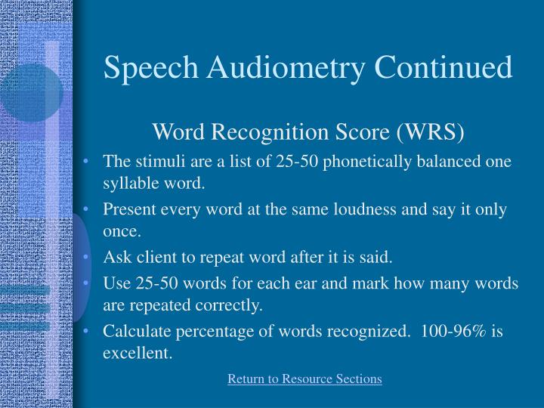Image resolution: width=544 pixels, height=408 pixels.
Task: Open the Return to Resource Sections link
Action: tap(304, 379)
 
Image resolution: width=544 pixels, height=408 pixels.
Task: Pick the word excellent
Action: tap(136, 352)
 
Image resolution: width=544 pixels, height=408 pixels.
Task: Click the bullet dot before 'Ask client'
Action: tap(89, 258)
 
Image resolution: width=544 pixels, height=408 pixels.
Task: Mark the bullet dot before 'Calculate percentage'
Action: tap(89, 331)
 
